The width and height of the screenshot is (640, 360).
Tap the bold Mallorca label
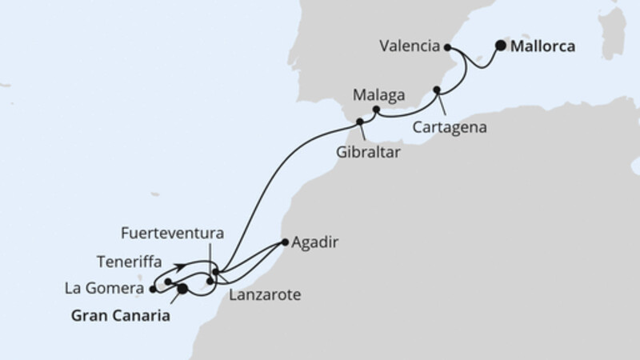[x=544, y=46]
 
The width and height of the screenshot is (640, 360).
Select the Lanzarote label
[x=264, y=295]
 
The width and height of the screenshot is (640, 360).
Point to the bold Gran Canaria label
[x=121, y=316]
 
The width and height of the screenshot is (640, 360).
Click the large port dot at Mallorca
[x=501, y=46]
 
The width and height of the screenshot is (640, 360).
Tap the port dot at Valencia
[x=448, y=48]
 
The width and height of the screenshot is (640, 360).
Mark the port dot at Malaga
[x=376, y=109]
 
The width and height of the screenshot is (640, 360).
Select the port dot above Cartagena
[x=437, y=90]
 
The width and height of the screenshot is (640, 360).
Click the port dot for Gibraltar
[x=360, y=122]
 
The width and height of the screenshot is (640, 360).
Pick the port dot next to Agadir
[x=286, y=241]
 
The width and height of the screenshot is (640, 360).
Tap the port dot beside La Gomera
[x=153, y=289]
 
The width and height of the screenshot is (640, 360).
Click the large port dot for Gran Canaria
[x=182, y=289]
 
